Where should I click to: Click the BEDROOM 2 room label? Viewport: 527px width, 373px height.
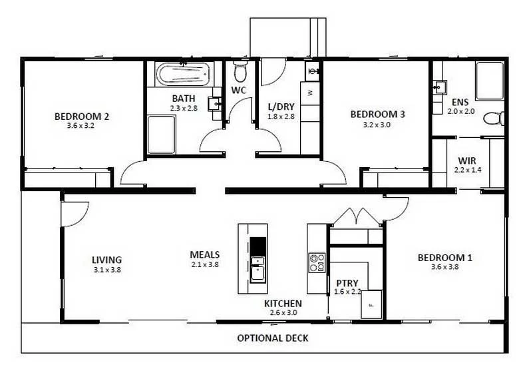(x=81, y=116)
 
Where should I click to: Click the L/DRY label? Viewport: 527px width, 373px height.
(x=280, y=107)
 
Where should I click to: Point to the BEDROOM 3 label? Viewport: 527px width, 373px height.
(x=377, y=114)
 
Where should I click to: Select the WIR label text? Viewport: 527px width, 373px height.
(x=465, y=161)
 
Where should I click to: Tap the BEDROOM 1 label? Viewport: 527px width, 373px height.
(x=444, y=258)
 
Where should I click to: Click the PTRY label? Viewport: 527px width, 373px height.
(x=347, y=282)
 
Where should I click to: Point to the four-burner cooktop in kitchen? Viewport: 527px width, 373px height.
(x=317, y=262)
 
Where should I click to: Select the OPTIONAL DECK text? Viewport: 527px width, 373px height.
(x=273, y=338)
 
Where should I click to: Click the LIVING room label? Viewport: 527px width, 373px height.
(x=106, y=260)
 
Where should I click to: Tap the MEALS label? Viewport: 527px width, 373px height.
(x=204, y=254)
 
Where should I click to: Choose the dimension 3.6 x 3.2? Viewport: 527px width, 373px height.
(x=81, y=125)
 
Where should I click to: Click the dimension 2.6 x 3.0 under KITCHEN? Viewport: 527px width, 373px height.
(x=283, y=312)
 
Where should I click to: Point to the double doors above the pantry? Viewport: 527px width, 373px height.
(x=357, y=217)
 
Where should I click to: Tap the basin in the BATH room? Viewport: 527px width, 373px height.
(x=214, y=104)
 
